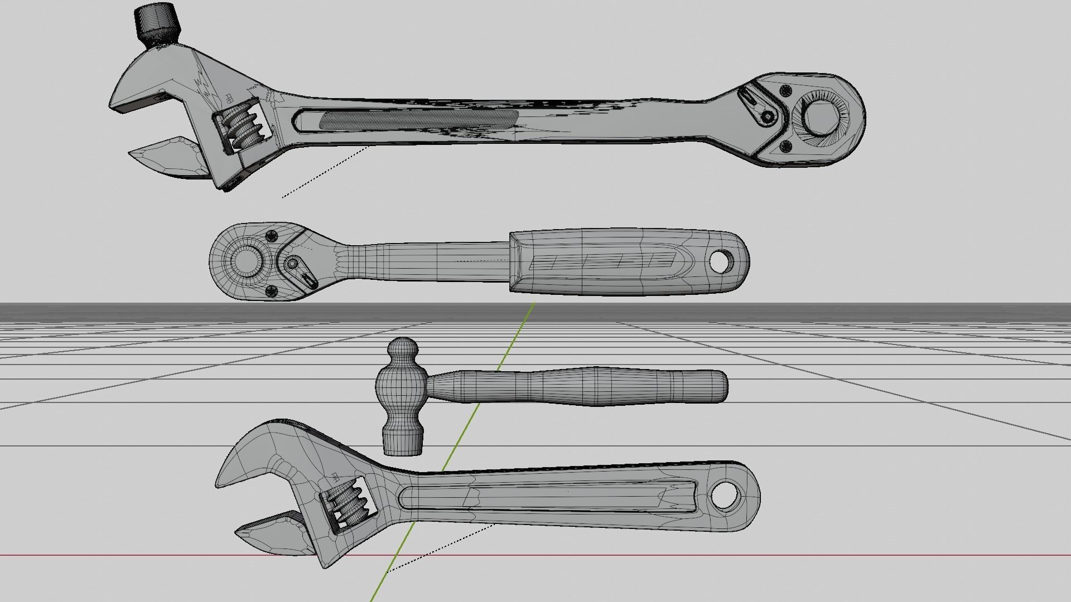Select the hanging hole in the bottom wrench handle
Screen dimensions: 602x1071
[x=723, y=494]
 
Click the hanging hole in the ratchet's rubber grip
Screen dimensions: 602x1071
[x=722, y=261]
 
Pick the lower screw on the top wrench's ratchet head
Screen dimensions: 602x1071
[x=785, y=147]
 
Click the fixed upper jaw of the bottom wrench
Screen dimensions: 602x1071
[x=251, y=463]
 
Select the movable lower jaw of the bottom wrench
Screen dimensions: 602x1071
[x=273, y=535]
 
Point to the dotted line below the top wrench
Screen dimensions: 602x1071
[x=324, y=172]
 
